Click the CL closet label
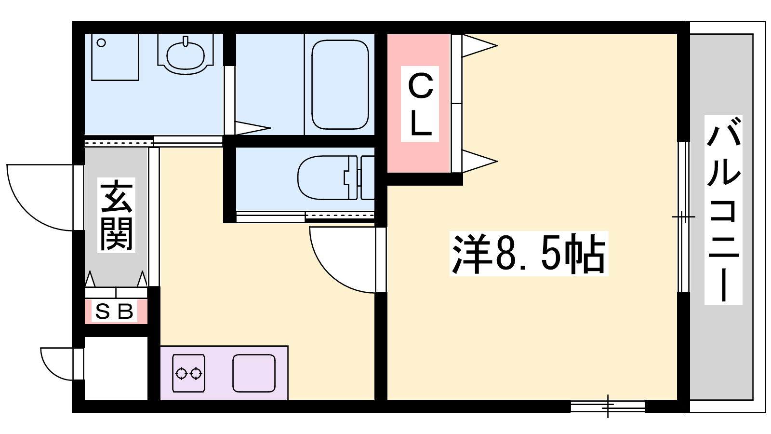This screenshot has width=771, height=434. pos(420,104)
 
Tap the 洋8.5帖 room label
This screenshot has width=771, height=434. pos(529,254)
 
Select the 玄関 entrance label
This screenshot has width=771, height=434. pos(116,215)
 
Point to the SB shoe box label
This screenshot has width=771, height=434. pos(114,311)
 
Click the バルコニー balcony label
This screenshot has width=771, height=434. pos(723,210)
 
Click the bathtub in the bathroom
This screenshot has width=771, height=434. pos(340,85)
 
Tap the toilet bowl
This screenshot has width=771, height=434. pos(335,178)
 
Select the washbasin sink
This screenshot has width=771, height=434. pos(186,55)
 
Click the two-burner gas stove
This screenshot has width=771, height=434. pos(188,373)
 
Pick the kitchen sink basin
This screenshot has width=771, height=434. pos(254,373)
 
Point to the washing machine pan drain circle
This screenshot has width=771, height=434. pos(101,43)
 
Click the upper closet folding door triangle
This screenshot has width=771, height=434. pos(479,45)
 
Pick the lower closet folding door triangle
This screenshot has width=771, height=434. pos(479,161)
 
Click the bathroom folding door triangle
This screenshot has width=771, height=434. pos(253,128)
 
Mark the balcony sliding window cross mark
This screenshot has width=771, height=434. pos(684,217)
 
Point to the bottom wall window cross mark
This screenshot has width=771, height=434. pos(608,407)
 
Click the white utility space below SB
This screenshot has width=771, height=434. pos(116,368)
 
